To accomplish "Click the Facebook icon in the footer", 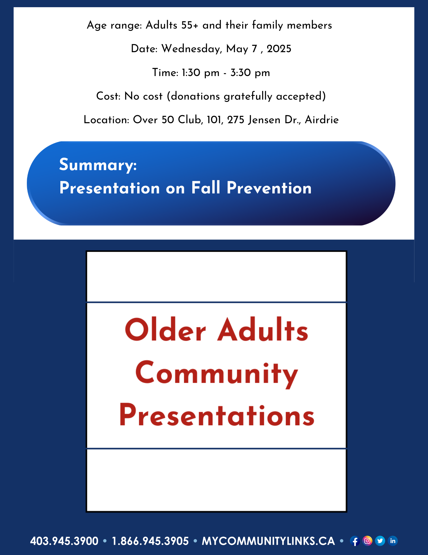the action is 355,541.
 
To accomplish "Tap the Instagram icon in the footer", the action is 367,541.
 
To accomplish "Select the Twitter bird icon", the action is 380,541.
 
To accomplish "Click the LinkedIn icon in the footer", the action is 393,541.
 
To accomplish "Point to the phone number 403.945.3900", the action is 64,541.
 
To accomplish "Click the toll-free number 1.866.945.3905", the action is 150,541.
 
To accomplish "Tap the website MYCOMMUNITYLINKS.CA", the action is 268,541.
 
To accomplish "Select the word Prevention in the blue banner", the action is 269,188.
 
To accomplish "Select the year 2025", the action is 279,49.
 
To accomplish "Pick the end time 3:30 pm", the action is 250,73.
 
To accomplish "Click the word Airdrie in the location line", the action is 322,120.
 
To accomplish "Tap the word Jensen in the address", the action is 264,120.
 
